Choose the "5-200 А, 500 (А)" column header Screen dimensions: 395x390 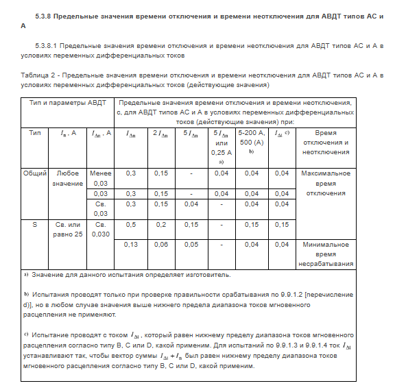pos(251,138)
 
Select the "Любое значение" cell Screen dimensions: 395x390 pos(68,178)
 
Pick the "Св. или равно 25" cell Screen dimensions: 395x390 pos(68,229)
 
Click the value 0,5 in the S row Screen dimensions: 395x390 pos(130,224)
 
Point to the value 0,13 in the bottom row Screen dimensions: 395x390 pos(130,244)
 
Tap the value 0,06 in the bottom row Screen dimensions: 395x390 pos(161,244)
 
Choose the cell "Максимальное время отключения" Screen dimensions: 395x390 pos(326,183)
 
